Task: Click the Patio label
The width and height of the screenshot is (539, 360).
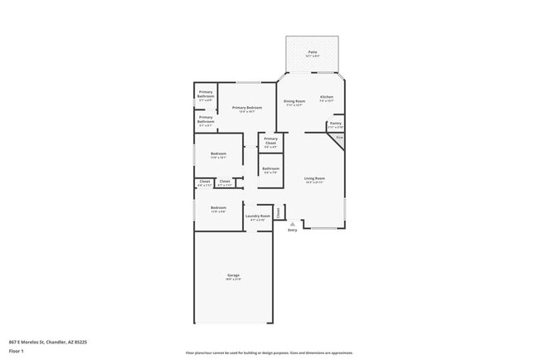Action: pos(313,52)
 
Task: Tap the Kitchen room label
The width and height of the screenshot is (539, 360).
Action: pos(327,98)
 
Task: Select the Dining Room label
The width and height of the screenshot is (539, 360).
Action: pos(294,101)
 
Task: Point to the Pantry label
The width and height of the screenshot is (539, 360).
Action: pos(335,124)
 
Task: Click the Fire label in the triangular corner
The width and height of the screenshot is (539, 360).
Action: pos(339,137)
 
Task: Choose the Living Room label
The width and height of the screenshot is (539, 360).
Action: pos(313,178)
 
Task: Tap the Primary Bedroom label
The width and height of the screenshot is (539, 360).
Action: pos(247,108)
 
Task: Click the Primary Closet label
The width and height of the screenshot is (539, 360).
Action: pos(271,139)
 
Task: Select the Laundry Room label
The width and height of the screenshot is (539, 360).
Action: pos(258,216)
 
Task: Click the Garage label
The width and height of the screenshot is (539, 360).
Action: pos(233,275)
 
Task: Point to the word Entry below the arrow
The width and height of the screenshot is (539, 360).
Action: pos(292,230)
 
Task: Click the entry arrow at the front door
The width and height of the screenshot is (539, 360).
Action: pos(292,223)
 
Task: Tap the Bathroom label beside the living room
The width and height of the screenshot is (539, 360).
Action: pos(270,168)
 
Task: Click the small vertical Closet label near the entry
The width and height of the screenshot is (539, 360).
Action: pos(279,212)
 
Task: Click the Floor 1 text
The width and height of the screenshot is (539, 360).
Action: pos(17,351)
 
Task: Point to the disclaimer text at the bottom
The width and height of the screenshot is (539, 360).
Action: pos(269,353)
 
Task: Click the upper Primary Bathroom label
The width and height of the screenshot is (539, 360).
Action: pos(206,94)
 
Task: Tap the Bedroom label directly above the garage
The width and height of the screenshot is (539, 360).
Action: pos(218,207)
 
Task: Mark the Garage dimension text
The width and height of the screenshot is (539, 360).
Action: pos(233,280)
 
